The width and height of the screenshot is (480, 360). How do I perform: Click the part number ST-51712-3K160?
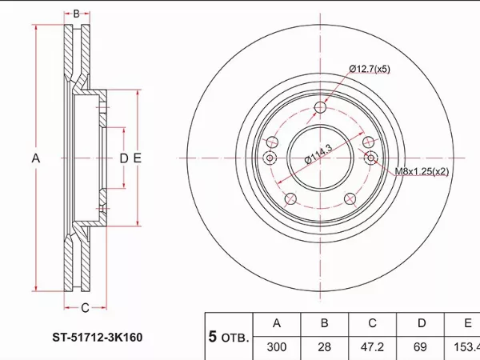(x=98, y=338)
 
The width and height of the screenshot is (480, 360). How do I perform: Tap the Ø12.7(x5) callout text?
(x=370, y=69)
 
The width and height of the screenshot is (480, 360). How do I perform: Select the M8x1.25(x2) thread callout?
(x=422, y=171)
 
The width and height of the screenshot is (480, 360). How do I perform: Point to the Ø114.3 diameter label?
(x=318, y=154)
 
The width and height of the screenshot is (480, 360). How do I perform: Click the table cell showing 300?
(x=277, y=347)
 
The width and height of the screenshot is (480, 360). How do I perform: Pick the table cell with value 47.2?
(x=372, y=347)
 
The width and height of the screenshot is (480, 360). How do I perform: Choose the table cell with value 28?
(x=325, y=347)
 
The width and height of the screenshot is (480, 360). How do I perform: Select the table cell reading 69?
(x=420, y=347)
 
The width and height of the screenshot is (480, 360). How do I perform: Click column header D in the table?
(x=422, y=323)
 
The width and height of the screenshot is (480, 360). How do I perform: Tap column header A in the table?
(x=277, y=323)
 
